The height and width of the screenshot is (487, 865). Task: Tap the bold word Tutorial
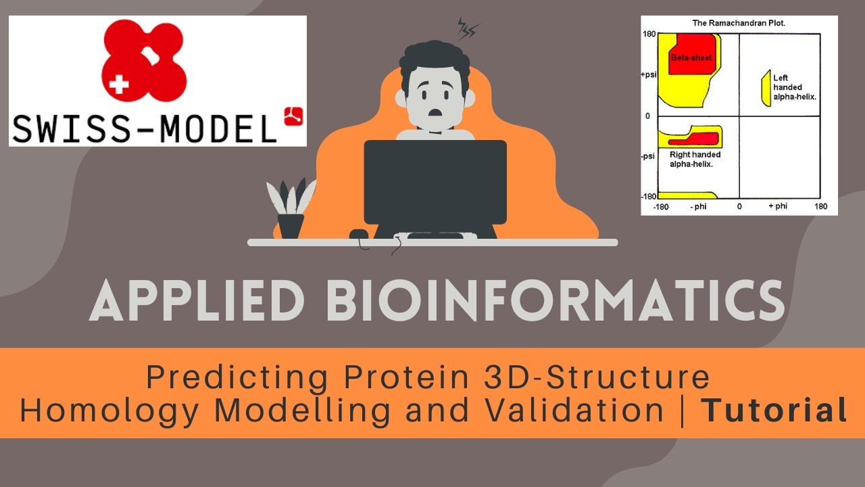tap(774, 411)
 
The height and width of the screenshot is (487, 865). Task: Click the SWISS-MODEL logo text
tap(145, 128)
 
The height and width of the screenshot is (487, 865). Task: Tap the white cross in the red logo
tap(119, 84)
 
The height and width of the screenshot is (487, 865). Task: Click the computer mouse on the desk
tap(358, 235)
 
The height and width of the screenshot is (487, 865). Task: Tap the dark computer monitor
tap(435, 182)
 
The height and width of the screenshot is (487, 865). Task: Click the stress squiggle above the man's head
tap(468, 28)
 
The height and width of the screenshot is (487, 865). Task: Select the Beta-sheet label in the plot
tap(691, 58)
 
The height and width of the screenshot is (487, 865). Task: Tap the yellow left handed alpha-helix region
tap(766, 88)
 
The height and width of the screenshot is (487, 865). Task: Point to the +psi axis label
tap(649, 75)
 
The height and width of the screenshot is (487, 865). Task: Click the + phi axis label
tap(778, 206)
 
